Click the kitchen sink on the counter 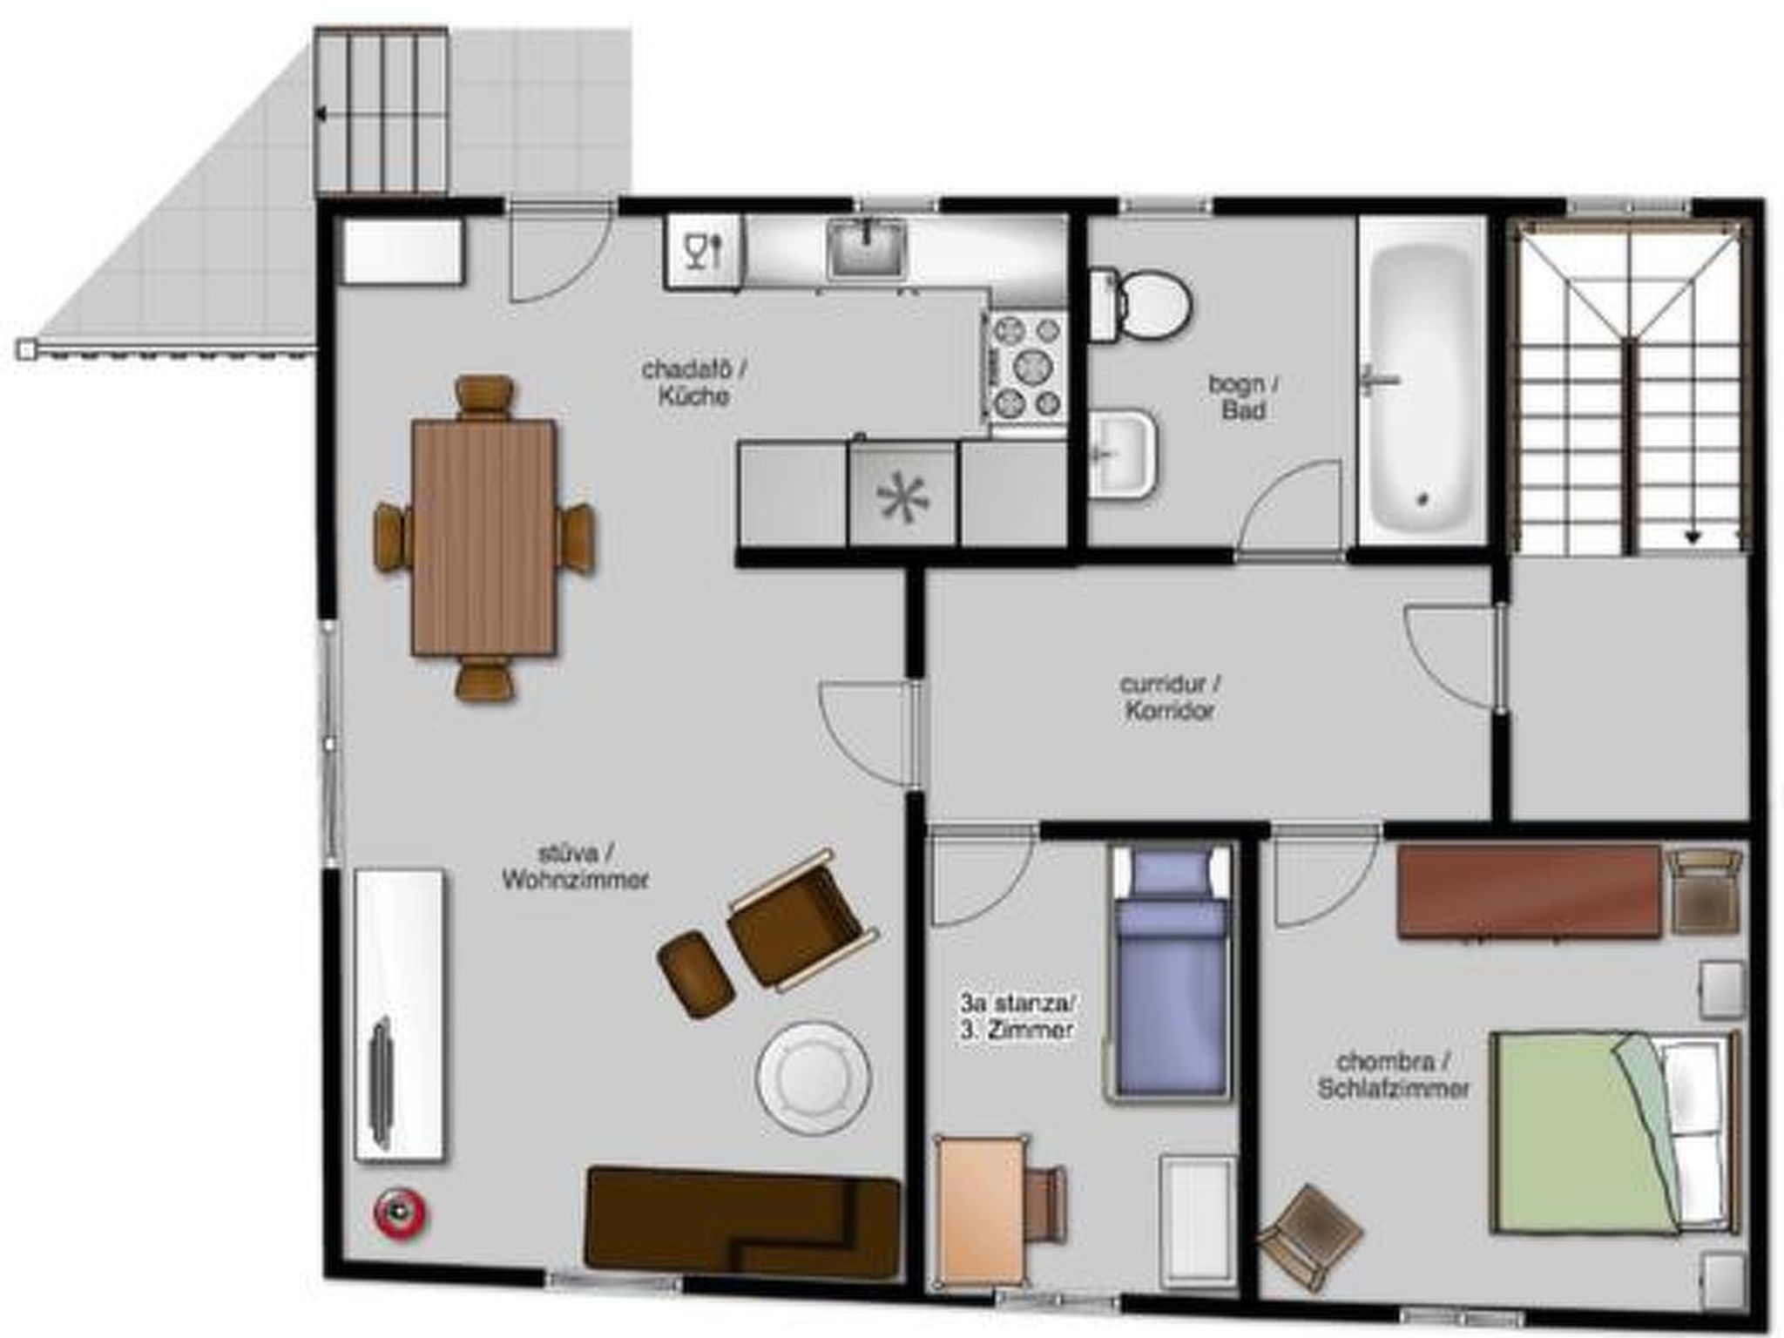pyautogui.click(x=868, y=249)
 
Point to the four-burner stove pyautogui.click(x=1029, y=368)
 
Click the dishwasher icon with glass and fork pyautogui.click(x=704, y=251)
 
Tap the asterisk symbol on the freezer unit pyautogui.click(x=903, y=498)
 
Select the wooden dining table pyautogui.click(x=484, y=537)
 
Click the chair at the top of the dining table pyautogui.click(x=484, y=396)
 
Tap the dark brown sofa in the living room pyautogui.click(x=743, y=1225)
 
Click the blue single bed pyautogui.click(x=1172, y=973)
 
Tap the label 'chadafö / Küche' pyautogui.click(x=694, y=382)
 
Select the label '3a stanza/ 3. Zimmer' pyautogui.click(x=1017, y=1016)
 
